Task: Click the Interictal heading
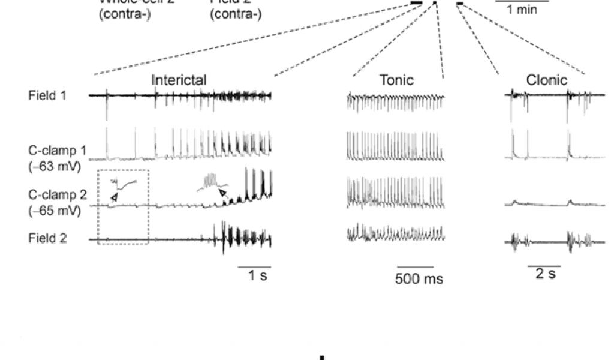click(x=179, y=80)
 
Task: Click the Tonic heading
click(x=396, y=80)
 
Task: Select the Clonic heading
click(x=546, y=80)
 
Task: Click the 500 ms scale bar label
click(x=419, y=279)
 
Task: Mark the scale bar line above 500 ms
click(x=415, y=266)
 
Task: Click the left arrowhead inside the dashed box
click(x=113, y=196)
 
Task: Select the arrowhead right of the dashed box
click(x=222, y=193)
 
